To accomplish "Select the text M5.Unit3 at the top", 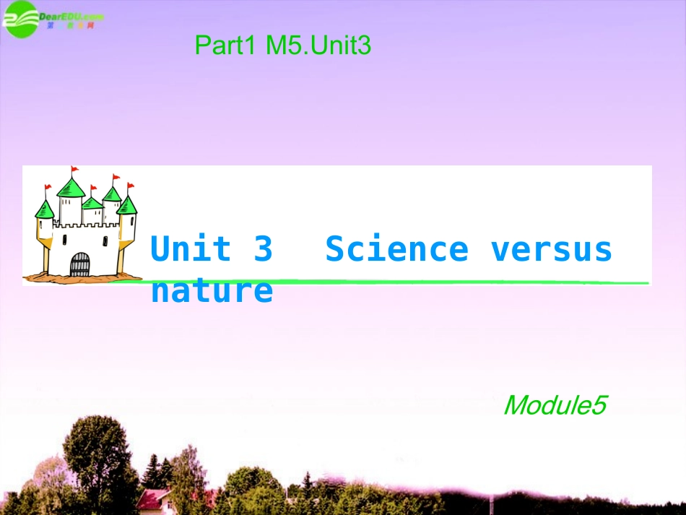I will [318, 47].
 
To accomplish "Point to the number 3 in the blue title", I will [264, 249].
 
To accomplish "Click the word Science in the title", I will [396, 249].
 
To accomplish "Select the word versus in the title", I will [552, 249].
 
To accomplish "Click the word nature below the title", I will [212, 291].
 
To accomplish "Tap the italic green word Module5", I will [554, 405].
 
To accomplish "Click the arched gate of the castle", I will [79, 264].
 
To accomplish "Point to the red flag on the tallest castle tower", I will [75, 171].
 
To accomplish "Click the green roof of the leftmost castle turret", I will [45, 210].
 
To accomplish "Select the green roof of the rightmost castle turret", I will [127, 205].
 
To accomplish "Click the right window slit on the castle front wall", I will [105, 240].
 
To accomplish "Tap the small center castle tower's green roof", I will [92, 202].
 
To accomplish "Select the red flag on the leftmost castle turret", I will [48, 189].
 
